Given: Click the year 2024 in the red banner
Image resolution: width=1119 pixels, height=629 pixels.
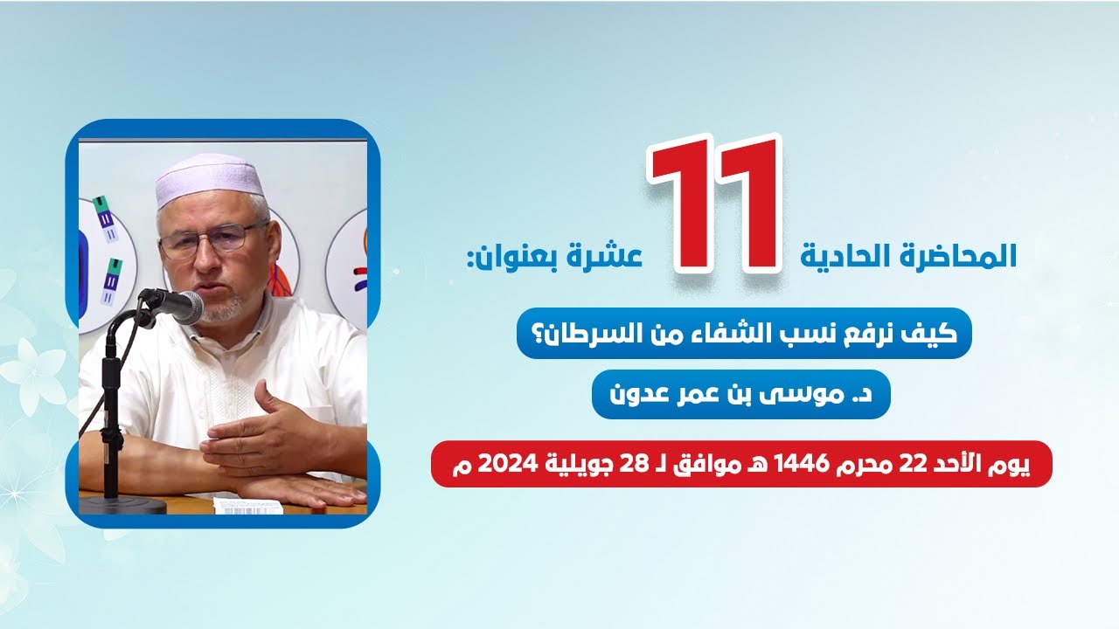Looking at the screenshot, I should [501, 464].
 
